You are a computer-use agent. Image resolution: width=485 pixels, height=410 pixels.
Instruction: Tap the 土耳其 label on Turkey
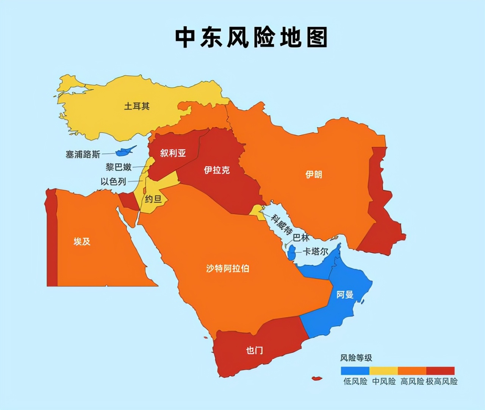(x=137, y=106)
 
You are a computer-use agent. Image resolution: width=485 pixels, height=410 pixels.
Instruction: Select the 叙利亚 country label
(x=173, y=153)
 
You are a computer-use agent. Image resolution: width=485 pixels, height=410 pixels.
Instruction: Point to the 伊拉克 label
(x=217, y=170)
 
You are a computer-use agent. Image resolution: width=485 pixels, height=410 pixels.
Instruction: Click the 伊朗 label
(x=314, y=174)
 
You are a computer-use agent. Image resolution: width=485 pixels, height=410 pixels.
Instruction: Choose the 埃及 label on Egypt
(x=82, y=241)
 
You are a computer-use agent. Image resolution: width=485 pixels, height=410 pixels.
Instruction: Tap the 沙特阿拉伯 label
(x=227, y=269)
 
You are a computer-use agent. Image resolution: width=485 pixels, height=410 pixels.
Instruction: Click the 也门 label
(x=254, y=350)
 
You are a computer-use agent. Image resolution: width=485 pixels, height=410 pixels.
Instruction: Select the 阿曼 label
(x=345, y=294)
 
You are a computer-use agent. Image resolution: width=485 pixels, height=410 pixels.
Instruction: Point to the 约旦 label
(x=153, y=199)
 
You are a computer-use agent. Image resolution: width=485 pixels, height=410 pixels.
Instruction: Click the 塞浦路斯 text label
(x=83, y=154)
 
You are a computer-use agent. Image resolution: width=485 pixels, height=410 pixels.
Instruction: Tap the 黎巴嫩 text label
(x=119, y=167)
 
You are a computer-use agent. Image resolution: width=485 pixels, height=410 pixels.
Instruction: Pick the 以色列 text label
(x=113, y=182)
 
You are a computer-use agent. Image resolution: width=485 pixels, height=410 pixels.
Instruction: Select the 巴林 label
(x=301, y=238)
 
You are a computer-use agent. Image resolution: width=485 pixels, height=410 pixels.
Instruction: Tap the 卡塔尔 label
(x=315, y=251)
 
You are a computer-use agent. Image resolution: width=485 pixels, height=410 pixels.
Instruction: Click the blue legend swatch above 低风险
(x=355, y=371)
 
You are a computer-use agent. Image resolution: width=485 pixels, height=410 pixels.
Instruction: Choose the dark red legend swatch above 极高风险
(x=440, y=371)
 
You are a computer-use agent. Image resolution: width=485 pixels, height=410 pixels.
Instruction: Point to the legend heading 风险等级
(x=356, y=358)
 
